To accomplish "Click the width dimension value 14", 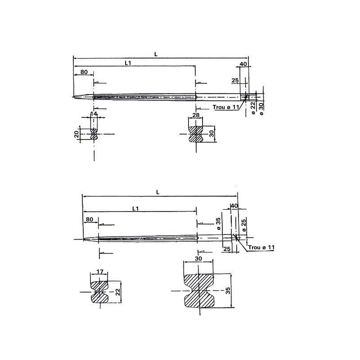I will [x=94, y=114].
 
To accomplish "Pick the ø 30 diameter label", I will [x=261, y=108].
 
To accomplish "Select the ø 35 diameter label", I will [x=218, y=224].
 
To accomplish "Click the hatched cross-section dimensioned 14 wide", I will [x=94, y=134].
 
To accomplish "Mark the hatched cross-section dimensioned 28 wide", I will [x=195, y=134].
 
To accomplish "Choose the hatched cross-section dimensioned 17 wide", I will [x=100, y=292].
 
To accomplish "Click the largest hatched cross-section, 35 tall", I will [x=199, y=291].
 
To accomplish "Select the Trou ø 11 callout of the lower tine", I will [x=261, y=248].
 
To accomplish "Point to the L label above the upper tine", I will [x=155, y=54].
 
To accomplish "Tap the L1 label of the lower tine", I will [x=135, y=208].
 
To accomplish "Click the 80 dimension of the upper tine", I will [x=84, y=72].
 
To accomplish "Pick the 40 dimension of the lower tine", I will [x=234, y=206].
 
